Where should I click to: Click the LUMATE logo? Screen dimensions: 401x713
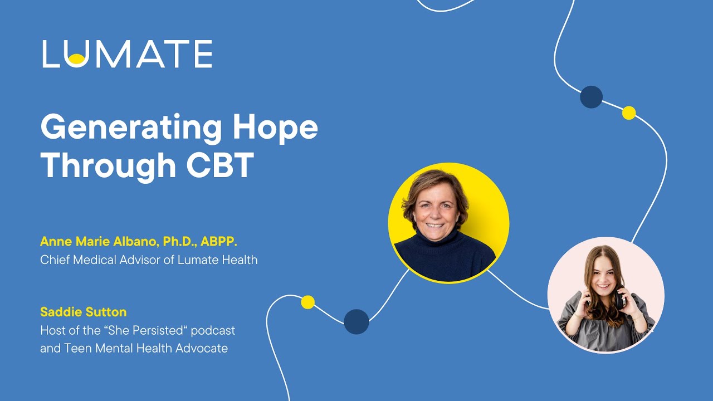point(127,54)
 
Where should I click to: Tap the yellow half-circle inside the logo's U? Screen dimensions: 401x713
point(78,58)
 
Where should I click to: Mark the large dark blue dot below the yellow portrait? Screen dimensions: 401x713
point(356,321)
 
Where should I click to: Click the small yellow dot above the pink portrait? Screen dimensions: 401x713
point(629,113)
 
